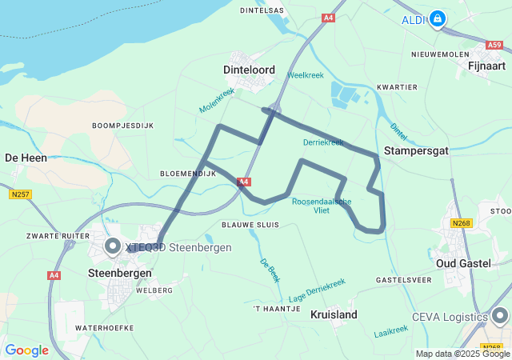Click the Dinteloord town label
point(248,70)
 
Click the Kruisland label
point(334,314)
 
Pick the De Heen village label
point(26,158)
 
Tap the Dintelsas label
point(262,10)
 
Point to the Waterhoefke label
point(103,328)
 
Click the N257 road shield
point(21,194)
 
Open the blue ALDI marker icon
point(438,18)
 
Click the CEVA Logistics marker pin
point(500,316)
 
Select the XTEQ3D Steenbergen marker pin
point(112,246)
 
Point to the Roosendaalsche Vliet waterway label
point(322,206)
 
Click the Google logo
point(27,350)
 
